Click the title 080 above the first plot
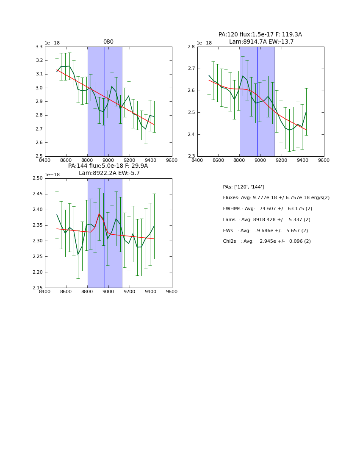(108, 42)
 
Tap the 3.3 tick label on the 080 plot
(39, 47)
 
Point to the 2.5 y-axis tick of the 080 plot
(39, 156)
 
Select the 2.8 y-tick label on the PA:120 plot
(191, 47)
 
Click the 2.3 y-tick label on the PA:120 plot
(191, 156)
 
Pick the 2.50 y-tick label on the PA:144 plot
(37, 178)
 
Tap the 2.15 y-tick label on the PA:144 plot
(37, 288)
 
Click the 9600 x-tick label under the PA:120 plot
(324, 160)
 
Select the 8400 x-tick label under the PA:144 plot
(45, 292)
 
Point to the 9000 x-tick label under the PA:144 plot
(108, 292)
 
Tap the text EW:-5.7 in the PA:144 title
(130, 173)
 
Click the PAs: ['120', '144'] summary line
(243, 187)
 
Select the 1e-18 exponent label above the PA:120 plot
(204, 43)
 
